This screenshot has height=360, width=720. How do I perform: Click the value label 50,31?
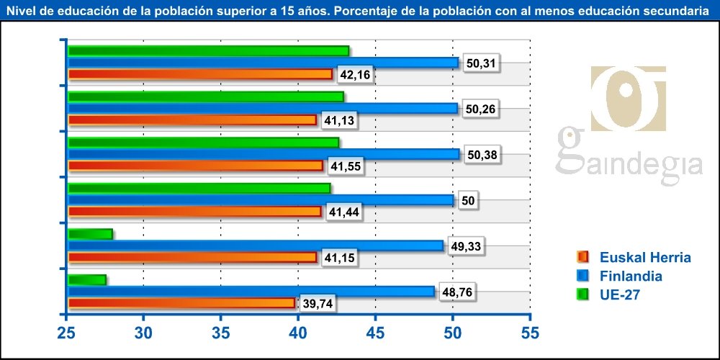pos(480,63)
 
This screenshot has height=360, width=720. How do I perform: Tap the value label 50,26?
pos(480,109)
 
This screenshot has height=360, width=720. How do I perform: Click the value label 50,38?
pos(481,155)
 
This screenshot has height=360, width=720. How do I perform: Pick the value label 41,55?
pos(344,166)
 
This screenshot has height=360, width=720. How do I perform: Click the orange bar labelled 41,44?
pos(194,212)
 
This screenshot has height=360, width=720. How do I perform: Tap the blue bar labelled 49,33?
pos(256,246)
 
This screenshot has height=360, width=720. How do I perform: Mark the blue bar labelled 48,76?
pos(251,292)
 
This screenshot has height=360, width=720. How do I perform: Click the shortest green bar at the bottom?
pos(86,280)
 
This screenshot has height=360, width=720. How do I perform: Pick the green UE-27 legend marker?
pos(583,294)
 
